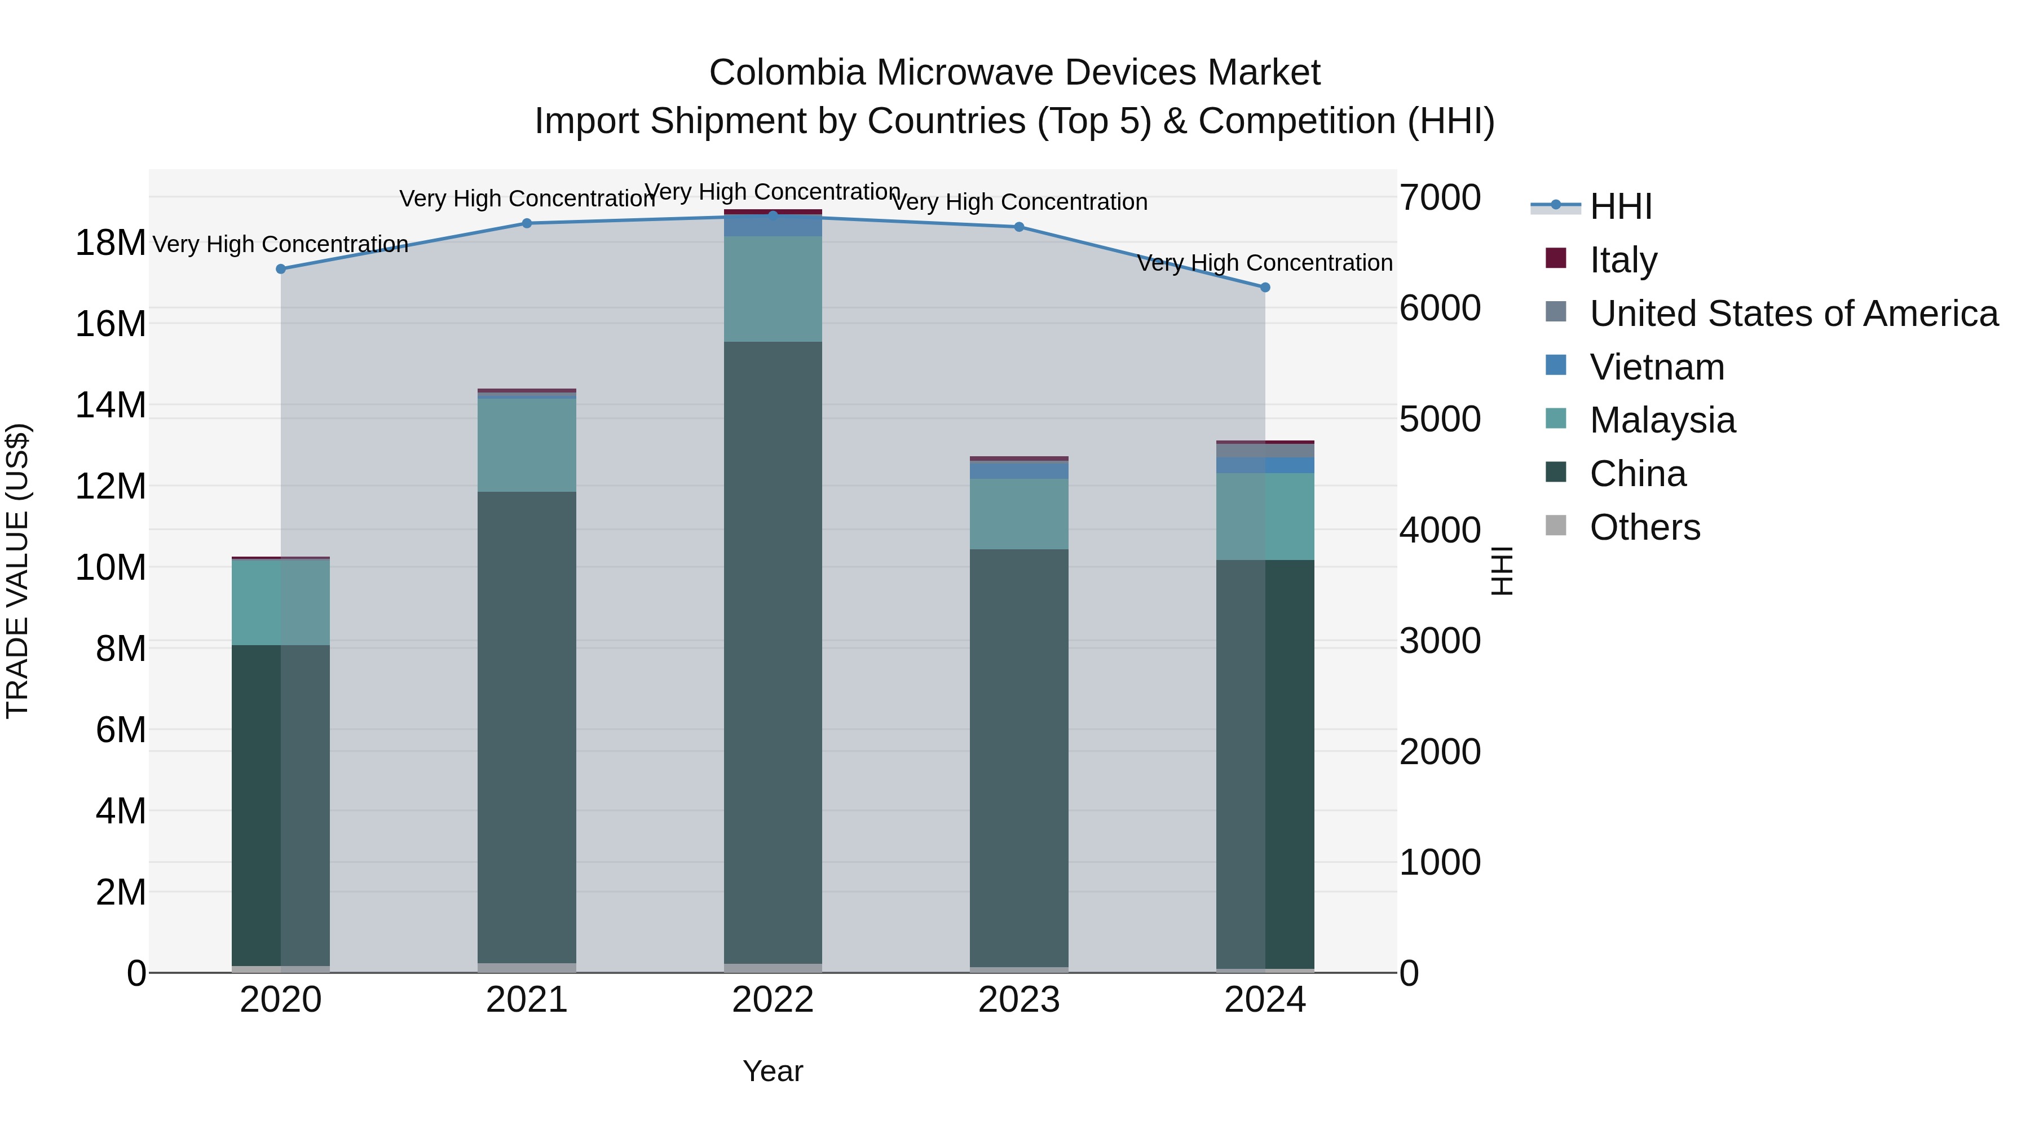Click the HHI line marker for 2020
pos(281,269)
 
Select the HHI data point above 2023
pos(1018,227)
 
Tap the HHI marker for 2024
pos(1265,288)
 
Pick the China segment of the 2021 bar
pos(527,725)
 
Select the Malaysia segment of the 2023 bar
pos(1018,514)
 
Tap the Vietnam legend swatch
pos(1556,365)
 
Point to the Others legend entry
pos(1645,527)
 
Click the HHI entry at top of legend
pos(1620,206)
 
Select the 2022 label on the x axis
pos(773,1000)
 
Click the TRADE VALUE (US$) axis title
pos(17,571)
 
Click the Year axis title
pos(773,1071)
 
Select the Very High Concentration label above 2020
pos(281,244)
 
